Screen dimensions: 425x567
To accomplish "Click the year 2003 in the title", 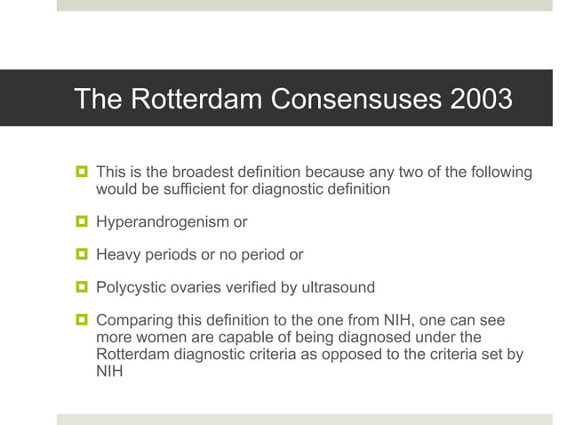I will [481, 99].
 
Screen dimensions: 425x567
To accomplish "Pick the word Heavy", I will [117, 255].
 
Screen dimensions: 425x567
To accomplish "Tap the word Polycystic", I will [129, 287].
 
